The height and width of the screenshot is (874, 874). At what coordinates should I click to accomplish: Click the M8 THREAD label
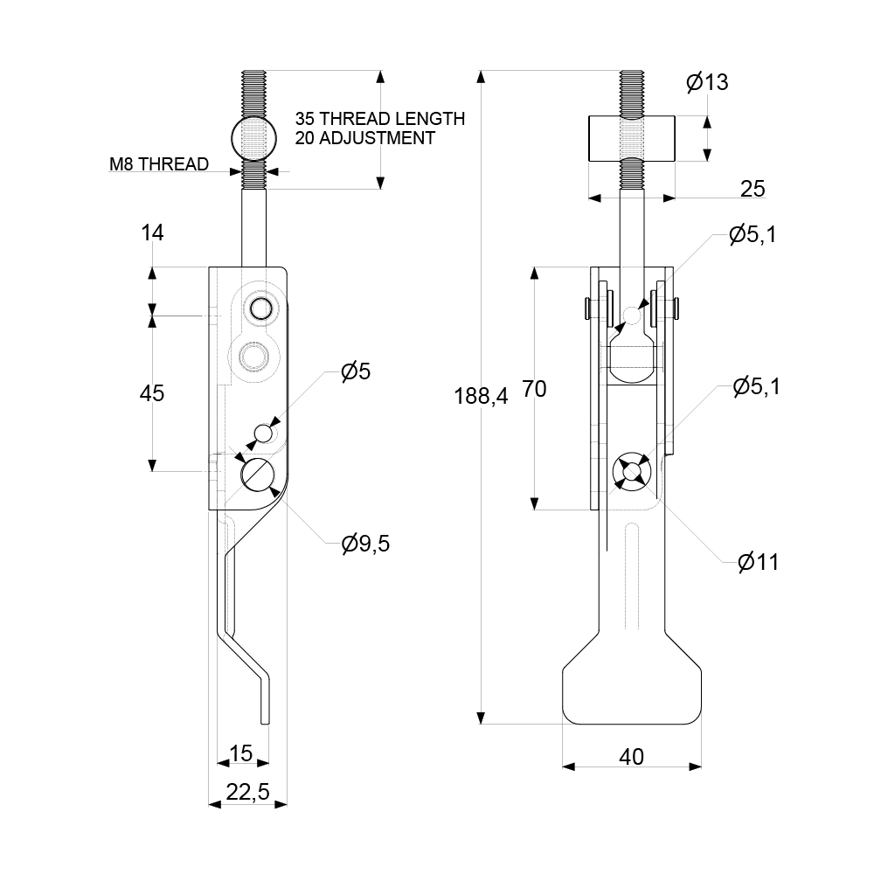coord(159,164)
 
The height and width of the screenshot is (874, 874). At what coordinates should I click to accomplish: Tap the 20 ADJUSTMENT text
coord(364,138)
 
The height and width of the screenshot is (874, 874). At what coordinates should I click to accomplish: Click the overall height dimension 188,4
coord(481,396)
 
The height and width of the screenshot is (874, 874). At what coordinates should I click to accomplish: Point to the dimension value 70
coord(534,389)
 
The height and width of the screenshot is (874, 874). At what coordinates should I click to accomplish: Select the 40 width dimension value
coord(631,756)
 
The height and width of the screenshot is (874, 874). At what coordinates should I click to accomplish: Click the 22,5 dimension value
coord(247,793)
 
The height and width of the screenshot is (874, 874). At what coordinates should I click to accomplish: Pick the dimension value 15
coord(240,753)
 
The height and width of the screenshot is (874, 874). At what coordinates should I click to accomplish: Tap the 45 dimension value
coord(152,393)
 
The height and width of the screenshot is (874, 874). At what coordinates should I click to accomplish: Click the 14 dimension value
coord(152,232)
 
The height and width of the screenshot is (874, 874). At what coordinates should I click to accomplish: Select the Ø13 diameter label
coord(707,83)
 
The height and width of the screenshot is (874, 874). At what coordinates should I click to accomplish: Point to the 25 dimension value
coord(753,188)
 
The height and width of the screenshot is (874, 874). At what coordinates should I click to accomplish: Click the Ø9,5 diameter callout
coord(365,544)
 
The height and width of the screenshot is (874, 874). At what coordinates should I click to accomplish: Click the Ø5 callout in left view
coord(356,371)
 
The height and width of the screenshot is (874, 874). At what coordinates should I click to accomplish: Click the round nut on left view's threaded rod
coord(253,138)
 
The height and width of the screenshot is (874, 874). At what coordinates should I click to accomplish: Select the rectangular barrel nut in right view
coord(632,138)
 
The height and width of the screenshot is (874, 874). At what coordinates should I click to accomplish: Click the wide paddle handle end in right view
coord(632,690)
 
